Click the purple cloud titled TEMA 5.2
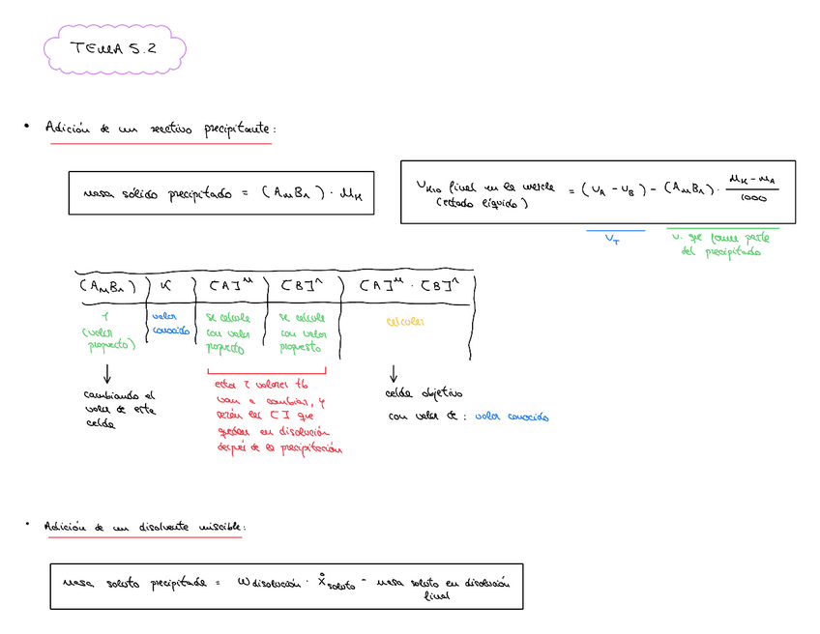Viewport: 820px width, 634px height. pyautogui.click(x=114, y=50)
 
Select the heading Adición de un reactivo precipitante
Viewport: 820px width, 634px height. pyautogui.click(x=161, y=129)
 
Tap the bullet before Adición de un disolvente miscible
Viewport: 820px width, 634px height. pyautogui.click(x=28, y=526)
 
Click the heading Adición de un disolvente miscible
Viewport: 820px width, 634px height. pyautogui.click(x=145, y=527)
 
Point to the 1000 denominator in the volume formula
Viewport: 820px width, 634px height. pyautogui.click(x=754, y=199)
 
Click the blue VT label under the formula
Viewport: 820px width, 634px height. pyautogui.click(x=614, y=238)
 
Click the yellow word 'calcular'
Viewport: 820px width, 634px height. pyautogui.click(x=405, y=321)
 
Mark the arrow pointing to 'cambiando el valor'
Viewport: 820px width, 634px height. pyautogui.click(x=106, y=372)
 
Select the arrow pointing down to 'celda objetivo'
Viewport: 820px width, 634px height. pyautogui.click(x=394, y=373)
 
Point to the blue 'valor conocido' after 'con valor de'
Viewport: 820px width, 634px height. pyautogui.click(x=512, y=418)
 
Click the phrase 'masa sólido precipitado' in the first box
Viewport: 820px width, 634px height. pyautogui.click(x=157, y=193)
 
